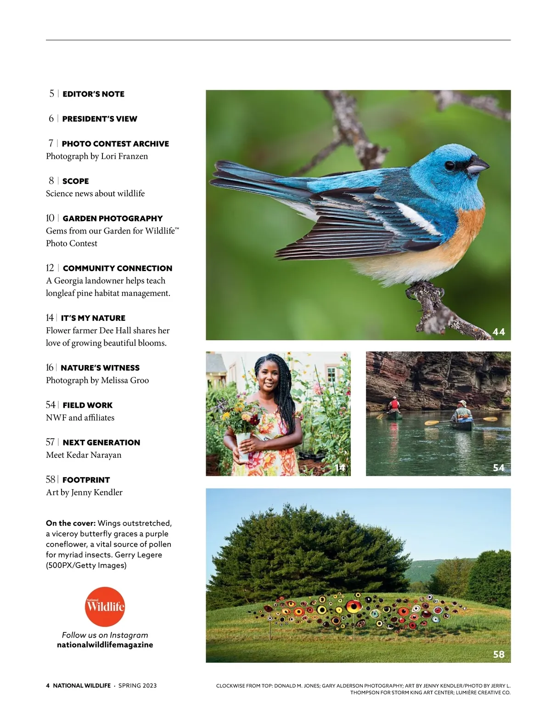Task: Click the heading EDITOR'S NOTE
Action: [x=93, y=94]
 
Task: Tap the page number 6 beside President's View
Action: [x=51, y=119]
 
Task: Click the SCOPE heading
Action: [x=75, y=181]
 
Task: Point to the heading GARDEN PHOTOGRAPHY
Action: [x=112, y=218]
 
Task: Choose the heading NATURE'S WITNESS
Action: [x=100, y=368]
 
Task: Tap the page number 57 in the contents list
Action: [x=50, y=442]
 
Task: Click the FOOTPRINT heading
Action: [x=86, y=480]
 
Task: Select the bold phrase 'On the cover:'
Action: [x=71, y=523]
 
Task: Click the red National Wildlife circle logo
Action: [x=105, y=607]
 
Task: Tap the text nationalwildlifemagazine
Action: [x=105, y=645]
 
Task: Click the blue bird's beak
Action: [x=478, y=165]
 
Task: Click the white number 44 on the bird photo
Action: [x=499, y=332]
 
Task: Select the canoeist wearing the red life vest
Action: [x=394, y=405]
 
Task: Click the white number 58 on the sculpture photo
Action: [x=499, y=654]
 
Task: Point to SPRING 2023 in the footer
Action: [x=137, y=685]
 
